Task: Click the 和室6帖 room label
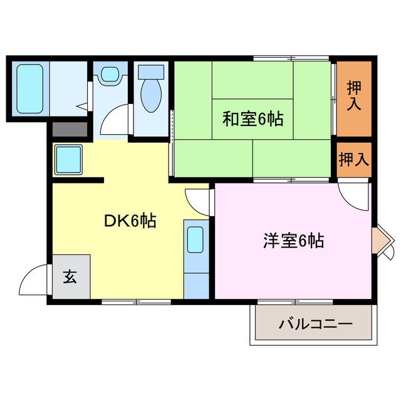tap(253, 118)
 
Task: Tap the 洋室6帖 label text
tap(293, 241)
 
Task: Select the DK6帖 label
tap(129, 221)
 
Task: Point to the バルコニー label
tap(316, 325)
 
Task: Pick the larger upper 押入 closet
tap(354, 97)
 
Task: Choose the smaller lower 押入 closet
tap(354, 159)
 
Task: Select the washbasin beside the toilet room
tap(110, 76)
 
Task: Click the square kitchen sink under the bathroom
tap(68, 160)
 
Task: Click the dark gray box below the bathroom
tap(70, 130)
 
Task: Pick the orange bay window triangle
tap(381, 240)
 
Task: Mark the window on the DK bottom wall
tap(135, 302)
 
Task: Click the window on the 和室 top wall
tap(291, 58)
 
